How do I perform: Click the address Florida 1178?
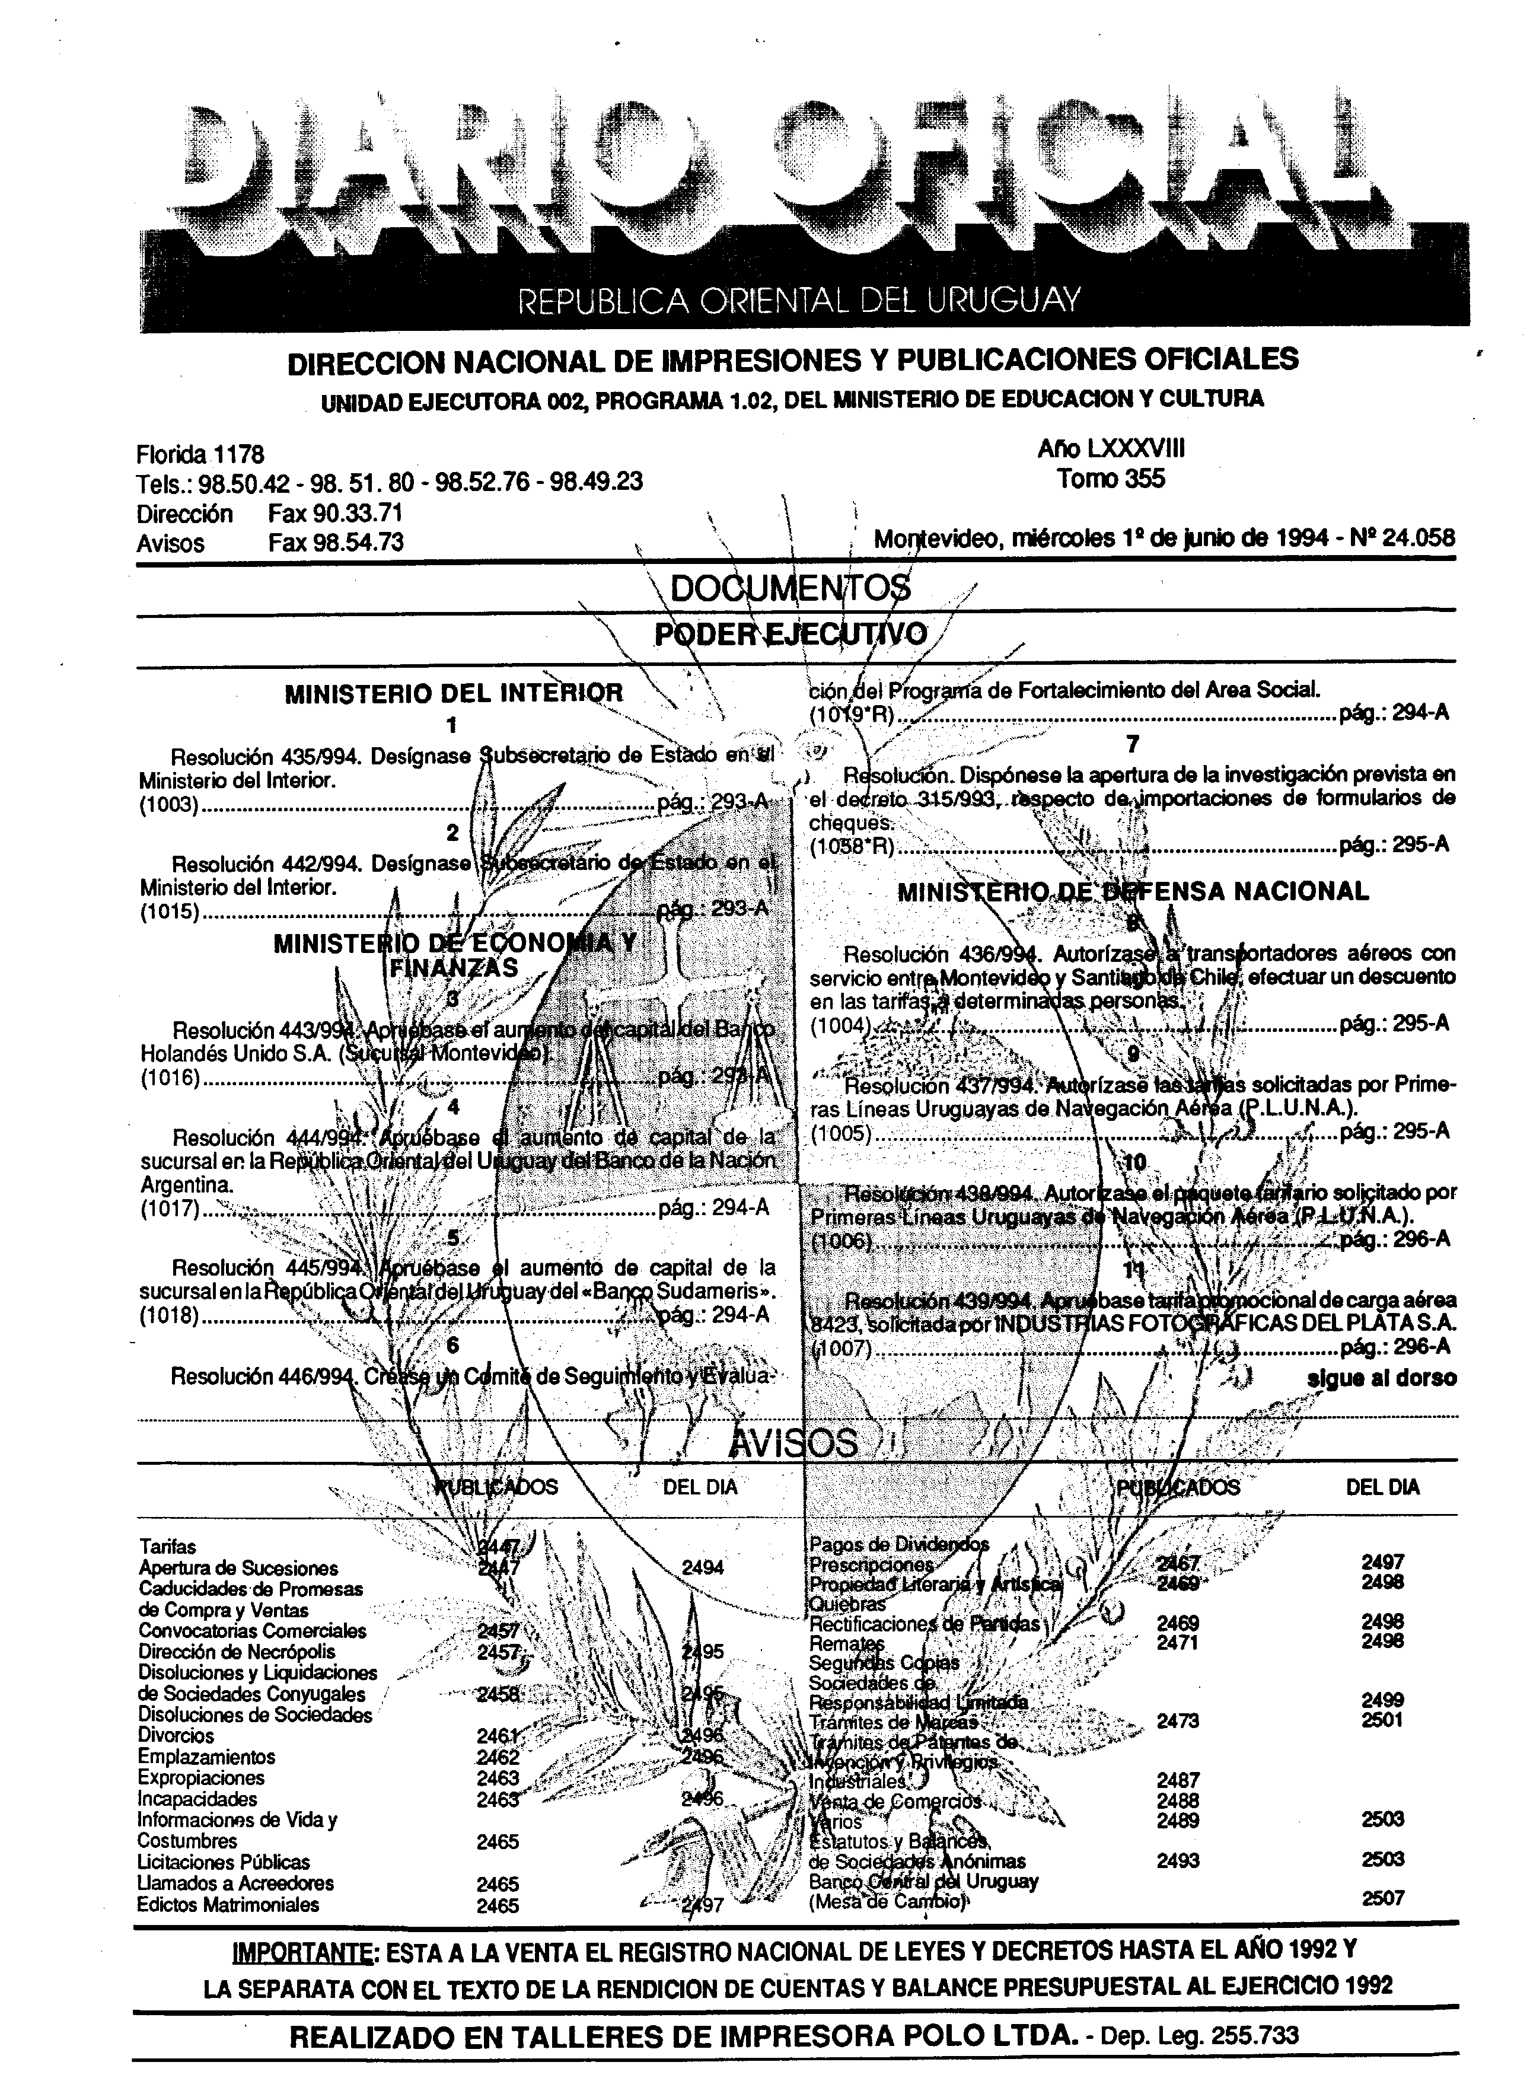[x=200, y=455]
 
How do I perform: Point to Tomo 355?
[x=1111, y=479]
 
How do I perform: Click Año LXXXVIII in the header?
[x=1111, y=449]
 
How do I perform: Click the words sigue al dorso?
[x=1381, y=1378]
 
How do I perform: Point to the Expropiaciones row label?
[x=188, y=1777]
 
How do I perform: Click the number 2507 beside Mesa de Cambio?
[x=1383, y=1898]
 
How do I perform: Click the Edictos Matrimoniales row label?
[x=228, y=1905]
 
